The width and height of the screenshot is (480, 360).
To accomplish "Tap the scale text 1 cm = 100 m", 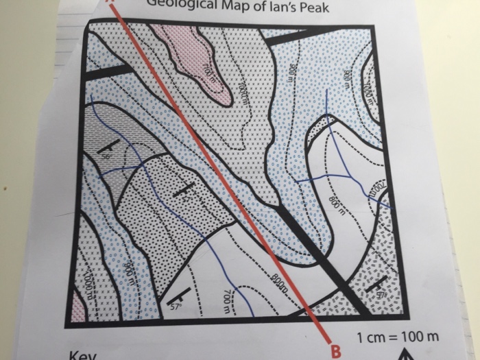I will click(x=397, y=338).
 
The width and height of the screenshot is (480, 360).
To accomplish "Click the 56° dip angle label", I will click(x=108, y=157).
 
